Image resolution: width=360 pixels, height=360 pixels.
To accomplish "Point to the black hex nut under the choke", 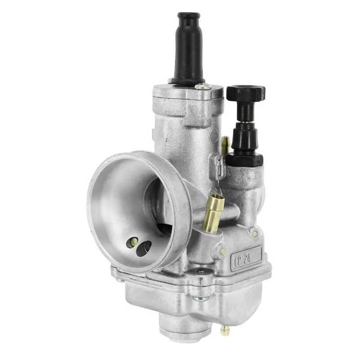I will click(244, 158).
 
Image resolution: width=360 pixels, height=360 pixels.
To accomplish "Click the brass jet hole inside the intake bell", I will click(134, 242).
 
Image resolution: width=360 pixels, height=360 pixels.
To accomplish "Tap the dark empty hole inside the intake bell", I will click(144, 248).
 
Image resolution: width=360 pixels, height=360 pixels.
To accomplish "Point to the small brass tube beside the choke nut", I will click(225, 144).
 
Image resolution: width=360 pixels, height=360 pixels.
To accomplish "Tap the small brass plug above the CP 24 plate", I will click(255, 234).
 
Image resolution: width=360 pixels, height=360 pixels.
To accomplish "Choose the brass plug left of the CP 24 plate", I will click(221, 250).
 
